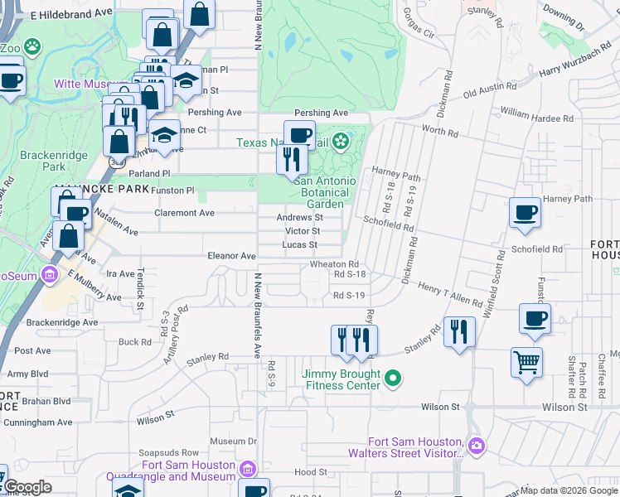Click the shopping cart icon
(x=527, y=362)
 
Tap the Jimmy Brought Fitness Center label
(x=341, y=379)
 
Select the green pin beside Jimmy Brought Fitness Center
(x=395, y=379)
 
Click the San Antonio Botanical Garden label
(x=325, y=192)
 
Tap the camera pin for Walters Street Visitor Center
(x=476, y=446)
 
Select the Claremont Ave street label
(x=185, y=213)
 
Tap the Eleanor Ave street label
(x=231, y=257)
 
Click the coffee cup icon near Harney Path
(x=524, y=212)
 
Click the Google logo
(x=27, y=487)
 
